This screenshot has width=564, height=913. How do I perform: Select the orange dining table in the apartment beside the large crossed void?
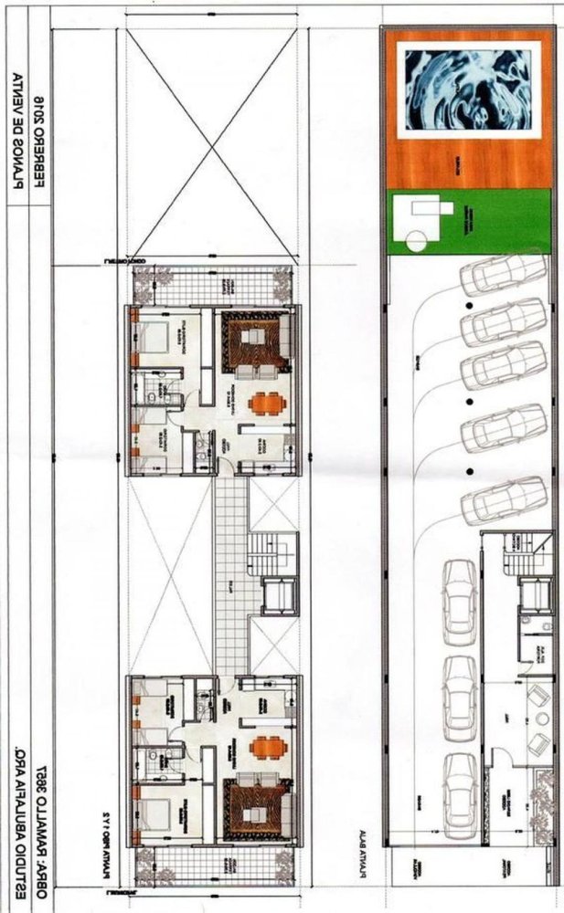click(x=265, y=402)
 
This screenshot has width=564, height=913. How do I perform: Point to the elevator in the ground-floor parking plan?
click(x=530, y=594)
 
